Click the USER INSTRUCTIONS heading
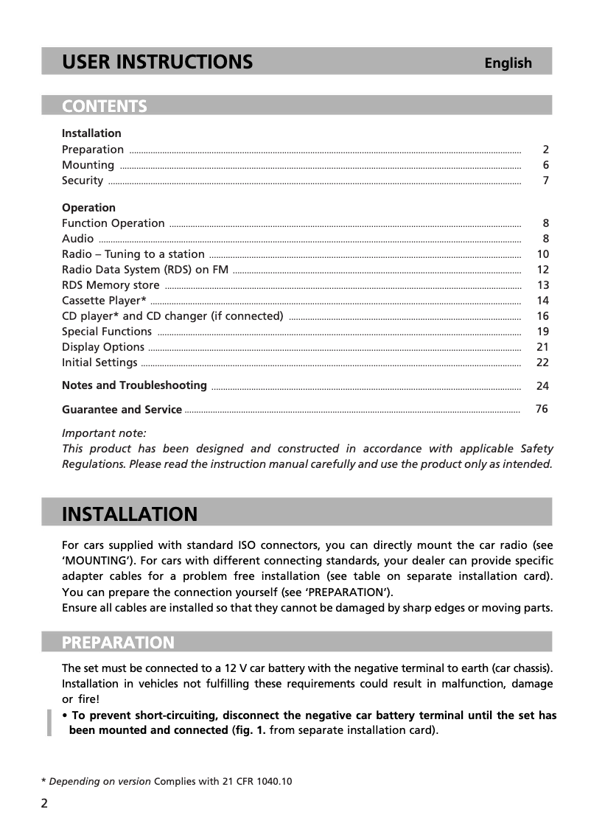[x=157, y=62]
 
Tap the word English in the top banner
[x=508, y=63]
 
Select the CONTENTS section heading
[x=105, y=106]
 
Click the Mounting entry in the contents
[x=88, y=165]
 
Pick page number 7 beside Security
[x=545, y=181]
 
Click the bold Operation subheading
[x=88, y=208]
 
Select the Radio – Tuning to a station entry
[x=133, y=254]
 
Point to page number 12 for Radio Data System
[x=543, y=270]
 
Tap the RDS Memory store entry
[x=111, y=285]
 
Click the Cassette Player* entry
[x=104, y=301]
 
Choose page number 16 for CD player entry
[x=543, y=316]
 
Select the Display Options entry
[x=103, y=347]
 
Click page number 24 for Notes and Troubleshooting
[x=543, y=386]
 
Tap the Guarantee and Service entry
[x=122, y=410]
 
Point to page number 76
[x=542, y=409]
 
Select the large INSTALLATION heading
[x=130, y=514]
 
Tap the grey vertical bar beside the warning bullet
[x=49, y=723]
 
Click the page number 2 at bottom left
[x=44, y=803]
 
